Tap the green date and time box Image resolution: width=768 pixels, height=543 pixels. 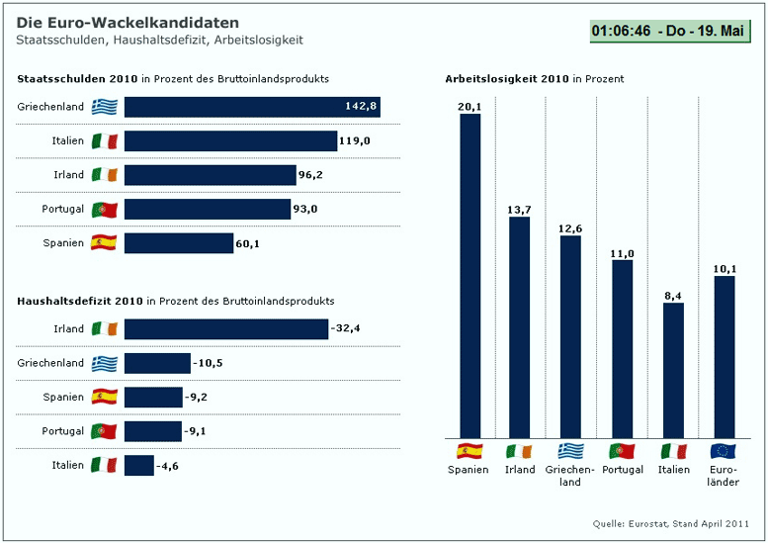[668, 32]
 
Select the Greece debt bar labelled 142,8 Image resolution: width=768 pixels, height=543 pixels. [252, 107]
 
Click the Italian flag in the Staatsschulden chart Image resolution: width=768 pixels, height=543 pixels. [105, 141]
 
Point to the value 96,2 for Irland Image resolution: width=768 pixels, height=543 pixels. [311, 175]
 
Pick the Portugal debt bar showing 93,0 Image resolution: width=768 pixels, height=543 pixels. [207, 210]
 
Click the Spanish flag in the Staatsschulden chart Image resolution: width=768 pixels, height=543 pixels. [104, 242]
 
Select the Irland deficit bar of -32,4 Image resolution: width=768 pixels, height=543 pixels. [225, 329]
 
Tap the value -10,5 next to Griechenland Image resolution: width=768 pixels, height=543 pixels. [208, 363]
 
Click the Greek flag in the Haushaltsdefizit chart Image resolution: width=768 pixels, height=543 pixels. [105, 363]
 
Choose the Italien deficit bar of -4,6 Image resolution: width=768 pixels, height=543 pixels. [139, 465]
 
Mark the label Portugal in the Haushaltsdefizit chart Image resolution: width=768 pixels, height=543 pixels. [63, 431]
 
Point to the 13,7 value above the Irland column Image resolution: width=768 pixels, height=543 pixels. [519, 209]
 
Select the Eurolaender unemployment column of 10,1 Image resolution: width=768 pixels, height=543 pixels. [725, 356]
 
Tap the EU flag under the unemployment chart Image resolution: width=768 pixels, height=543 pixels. [724, 451]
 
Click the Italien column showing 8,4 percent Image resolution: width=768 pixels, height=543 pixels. [673, 370]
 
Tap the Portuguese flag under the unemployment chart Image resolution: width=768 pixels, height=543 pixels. [622, 451]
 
